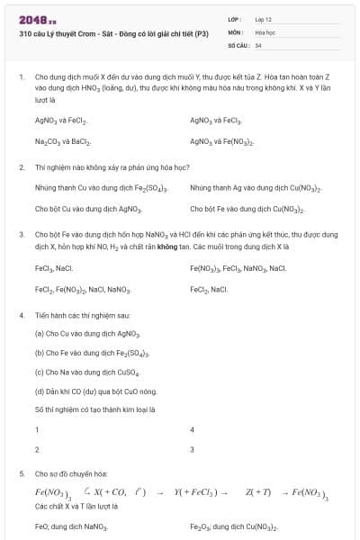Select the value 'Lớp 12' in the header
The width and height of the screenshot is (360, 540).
point(264,19)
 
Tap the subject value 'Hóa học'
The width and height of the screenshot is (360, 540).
point(265,31)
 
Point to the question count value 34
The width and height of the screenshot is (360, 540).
point(258,45)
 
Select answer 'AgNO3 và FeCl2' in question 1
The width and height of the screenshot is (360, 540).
point(61,119)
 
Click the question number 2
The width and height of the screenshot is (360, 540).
point(21,166)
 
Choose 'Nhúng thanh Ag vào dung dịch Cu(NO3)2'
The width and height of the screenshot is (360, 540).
point(256,187)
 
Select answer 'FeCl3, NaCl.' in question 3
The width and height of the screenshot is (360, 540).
point(54,267)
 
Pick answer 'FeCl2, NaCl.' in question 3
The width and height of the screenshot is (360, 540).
point(209,289)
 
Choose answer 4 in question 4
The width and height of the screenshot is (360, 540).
point(193,430)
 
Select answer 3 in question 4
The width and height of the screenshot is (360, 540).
point(193,449)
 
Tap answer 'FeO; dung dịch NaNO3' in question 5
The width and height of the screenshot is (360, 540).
point(71,526)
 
